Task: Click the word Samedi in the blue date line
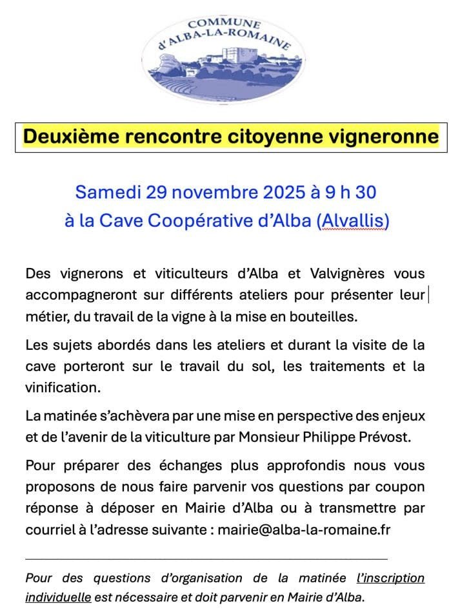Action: pos(108,192)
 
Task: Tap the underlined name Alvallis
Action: pos(353,221)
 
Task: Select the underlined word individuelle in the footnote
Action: pos(58,597)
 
